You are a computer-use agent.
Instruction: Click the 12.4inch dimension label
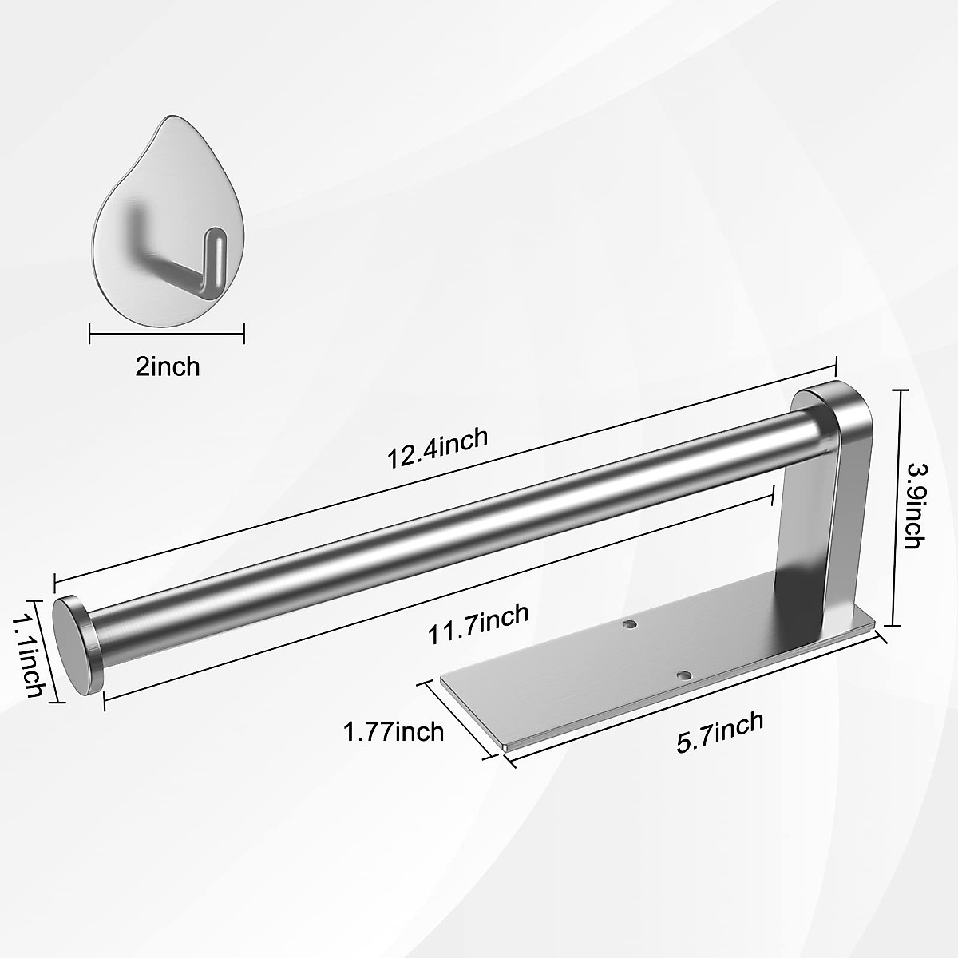pos(437,449)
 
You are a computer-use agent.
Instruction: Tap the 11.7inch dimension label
pos(478,625)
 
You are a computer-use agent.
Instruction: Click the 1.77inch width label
pos(393,730)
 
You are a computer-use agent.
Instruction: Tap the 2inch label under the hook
pos(168,366)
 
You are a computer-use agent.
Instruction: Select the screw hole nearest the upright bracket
pos(630,623)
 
